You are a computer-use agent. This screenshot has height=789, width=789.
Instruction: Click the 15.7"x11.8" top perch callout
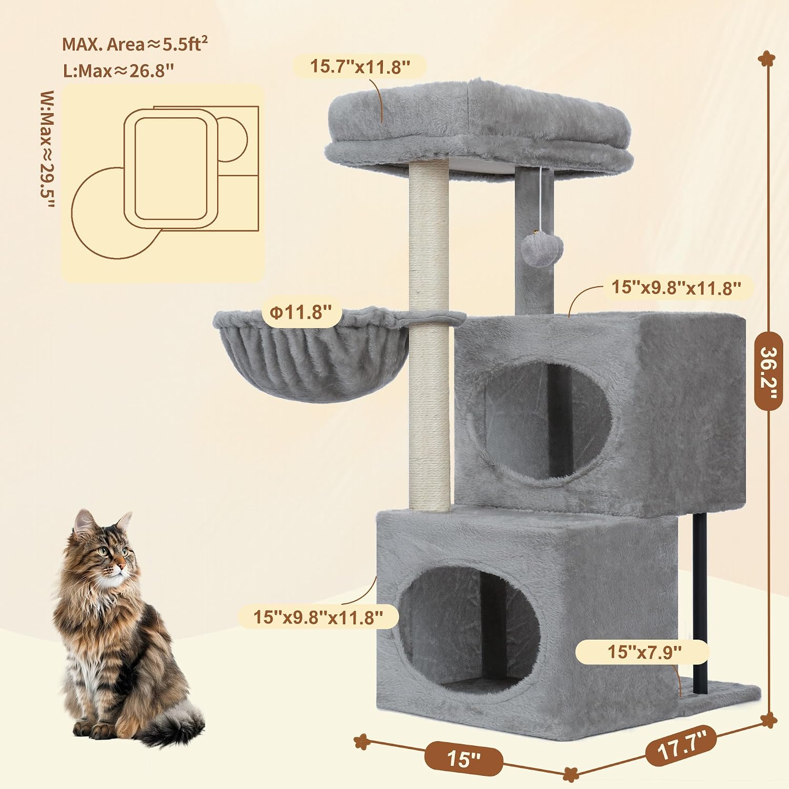(359, 67)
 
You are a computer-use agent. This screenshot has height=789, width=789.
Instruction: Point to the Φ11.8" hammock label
(301, 312)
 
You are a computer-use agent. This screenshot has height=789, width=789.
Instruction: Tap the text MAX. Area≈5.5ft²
(135, 44)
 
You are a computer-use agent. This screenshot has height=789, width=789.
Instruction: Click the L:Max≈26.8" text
(118, 70)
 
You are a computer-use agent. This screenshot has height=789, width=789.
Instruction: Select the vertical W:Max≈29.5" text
(47, 150)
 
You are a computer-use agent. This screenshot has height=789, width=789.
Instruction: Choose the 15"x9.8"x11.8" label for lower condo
(318, 616)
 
